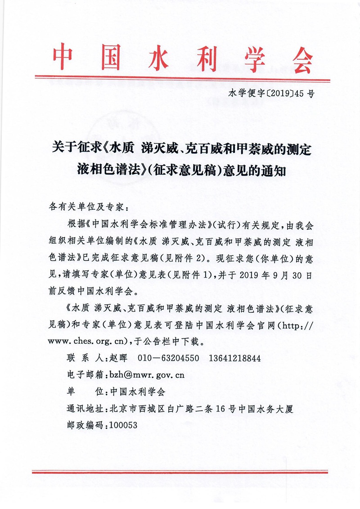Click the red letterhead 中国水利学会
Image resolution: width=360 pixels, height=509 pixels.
[x=182, y=59]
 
